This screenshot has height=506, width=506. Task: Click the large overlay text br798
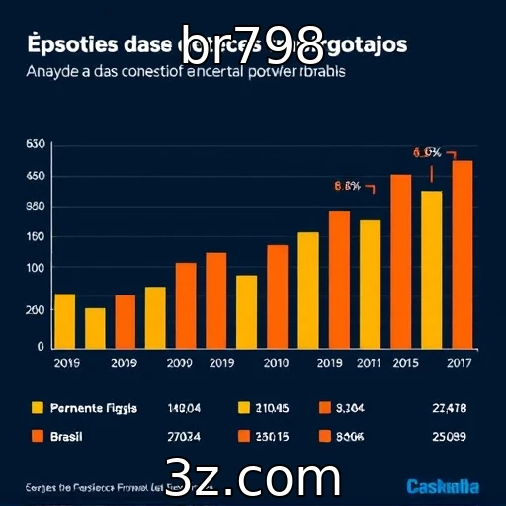pyautogui.click(x=253, y=40)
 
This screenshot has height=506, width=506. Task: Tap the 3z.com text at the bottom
pyautogui.click(x=253, y=477)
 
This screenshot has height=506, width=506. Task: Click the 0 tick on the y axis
pyautogui.click(x=41, y=347)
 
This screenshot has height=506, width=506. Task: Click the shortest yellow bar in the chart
pyautogui.click(x=95, y=329)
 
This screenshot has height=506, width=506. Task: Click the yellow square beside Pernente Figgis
pyautogui.click(x=39, y=408)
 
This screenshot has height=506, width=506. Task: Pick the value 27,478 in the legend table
pyautogui.click(x=450, y=408)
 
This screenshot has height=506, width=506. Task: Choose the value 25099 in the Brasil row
pyautogui.click(x=450, y=436)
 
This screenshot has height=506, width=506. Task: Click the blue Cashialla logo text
pyautogui.click(x=443, y=486)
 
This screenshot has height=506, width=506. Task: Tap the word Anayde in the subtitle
pyautogui.click(x=49, y=72)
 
